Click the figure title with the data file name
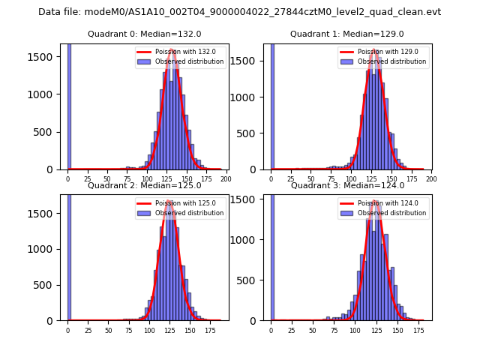(x=239, y=12)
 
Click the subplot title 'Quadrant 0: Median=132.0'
(x=145, y=34)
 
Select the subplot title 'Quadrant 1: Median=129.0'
(x=347, y=34)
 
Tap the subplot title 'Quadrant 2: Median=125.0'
(x=145, y=185)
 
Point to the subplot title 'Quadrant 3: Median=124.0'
(x=347, y=185)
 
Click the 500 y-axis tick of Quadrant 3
(x=253, y=280)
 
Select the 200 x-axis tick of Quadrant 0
(x=225, y=179)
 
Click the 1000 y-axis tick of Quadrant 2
(x=47, y=249)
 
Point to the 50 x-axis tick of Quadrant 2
(x=108, y=330)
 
